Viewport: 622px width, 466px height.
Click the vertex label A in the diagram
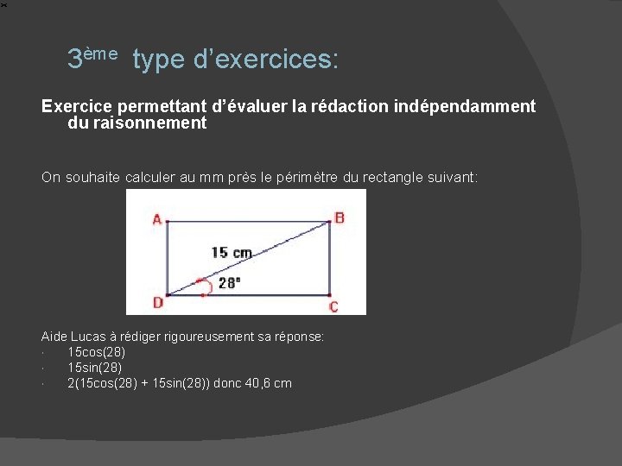157,219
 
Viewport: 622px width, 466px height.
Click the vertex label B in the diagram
340,218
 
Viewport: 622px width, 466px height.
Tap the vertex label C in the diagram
334,306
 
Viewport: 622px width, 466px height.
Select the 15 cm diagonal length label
232,253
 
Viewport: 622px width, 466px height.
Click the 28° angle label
229,283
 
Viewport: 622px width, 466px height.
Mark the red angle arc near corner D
203,284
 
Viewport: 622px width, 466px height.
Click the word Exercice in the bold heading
76,106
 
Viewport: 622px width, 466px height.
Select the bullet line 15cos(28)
97,352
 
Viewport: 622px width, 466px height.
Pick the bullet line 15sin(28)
95,368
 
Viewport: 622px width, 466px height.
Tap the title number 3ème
92,59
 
